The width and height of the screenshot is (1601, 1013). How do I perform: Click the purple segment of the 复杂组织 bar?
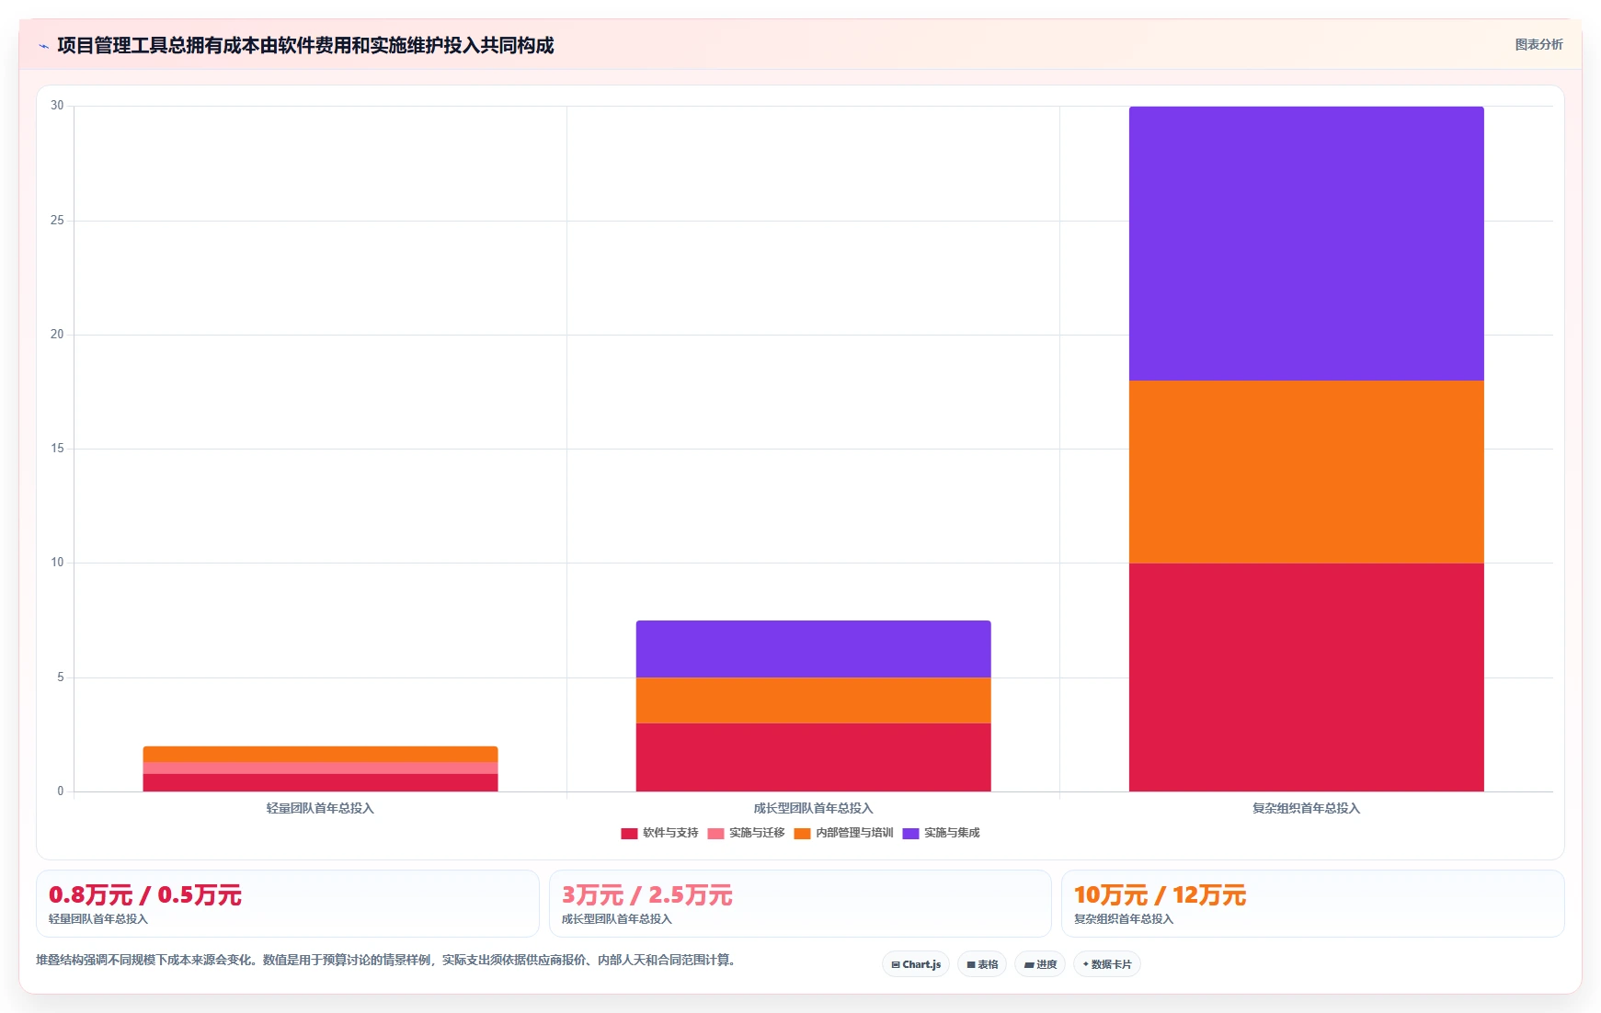click(1306, 244)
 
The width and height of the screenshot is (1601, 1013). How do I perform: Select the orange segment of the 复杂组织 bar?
click(1306, 472)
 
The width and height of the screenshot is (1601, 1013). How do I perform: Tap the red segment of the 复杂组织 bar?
click(1306, 677)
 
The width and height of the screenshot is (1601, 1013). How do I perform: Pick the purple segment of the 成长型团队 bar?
click(813, 649)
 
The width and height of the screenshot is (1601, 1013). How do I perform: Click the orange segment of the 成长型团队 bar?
click(813, 700)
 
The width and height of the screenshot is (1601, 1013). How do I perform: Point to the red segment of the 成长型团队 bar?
click(813, 757)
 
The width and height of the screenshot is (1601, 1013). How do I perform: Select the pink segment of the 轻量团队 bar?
click(320, 768)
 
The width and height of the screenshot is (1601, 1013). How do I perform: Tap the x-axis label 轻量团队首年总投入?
click(320, 809)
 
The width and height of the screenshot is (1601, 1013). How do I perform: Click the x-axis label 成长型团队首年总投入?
click(813, 809)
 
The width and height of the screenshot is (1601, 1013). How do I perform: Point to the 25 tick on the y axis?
click(57, 221)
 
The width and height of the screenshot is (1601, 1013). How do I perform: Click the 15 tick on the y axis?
click(57, 449)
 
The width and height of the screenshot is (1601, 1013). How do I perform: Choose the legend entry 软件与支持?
click(659, 833)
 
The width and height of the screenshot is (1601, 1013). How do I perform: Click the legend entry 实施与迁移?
click(746, 833)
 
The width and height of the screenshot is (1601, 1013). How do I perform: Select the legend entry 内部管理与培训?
click(843, 833)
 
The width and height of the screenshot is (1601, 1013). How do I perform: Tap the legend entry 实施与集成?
click(941, 833)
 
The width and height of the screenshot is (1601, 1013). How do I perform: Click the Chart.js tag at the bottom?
click(916, 964)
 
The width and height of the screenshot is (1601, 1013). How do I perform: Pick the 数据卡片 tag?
click(1107, 964)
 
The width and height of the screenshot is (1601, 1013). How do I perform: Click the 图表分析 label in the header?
click(1539, 44)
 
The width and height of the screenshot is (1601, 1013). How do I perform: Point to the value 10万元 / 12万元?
click(1160, 895)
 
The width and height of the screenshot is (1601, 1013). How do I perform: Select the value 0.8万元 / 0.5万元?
click(145, 895)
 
